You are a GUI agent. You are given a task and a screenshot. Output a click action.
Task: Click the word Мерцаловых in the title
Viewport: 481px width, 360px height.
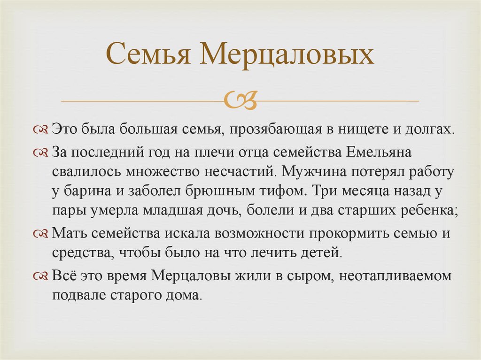(287, 55)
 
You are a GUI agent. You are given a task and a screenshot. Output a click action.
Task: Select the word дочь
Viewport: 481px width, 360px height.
(224, 212)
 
